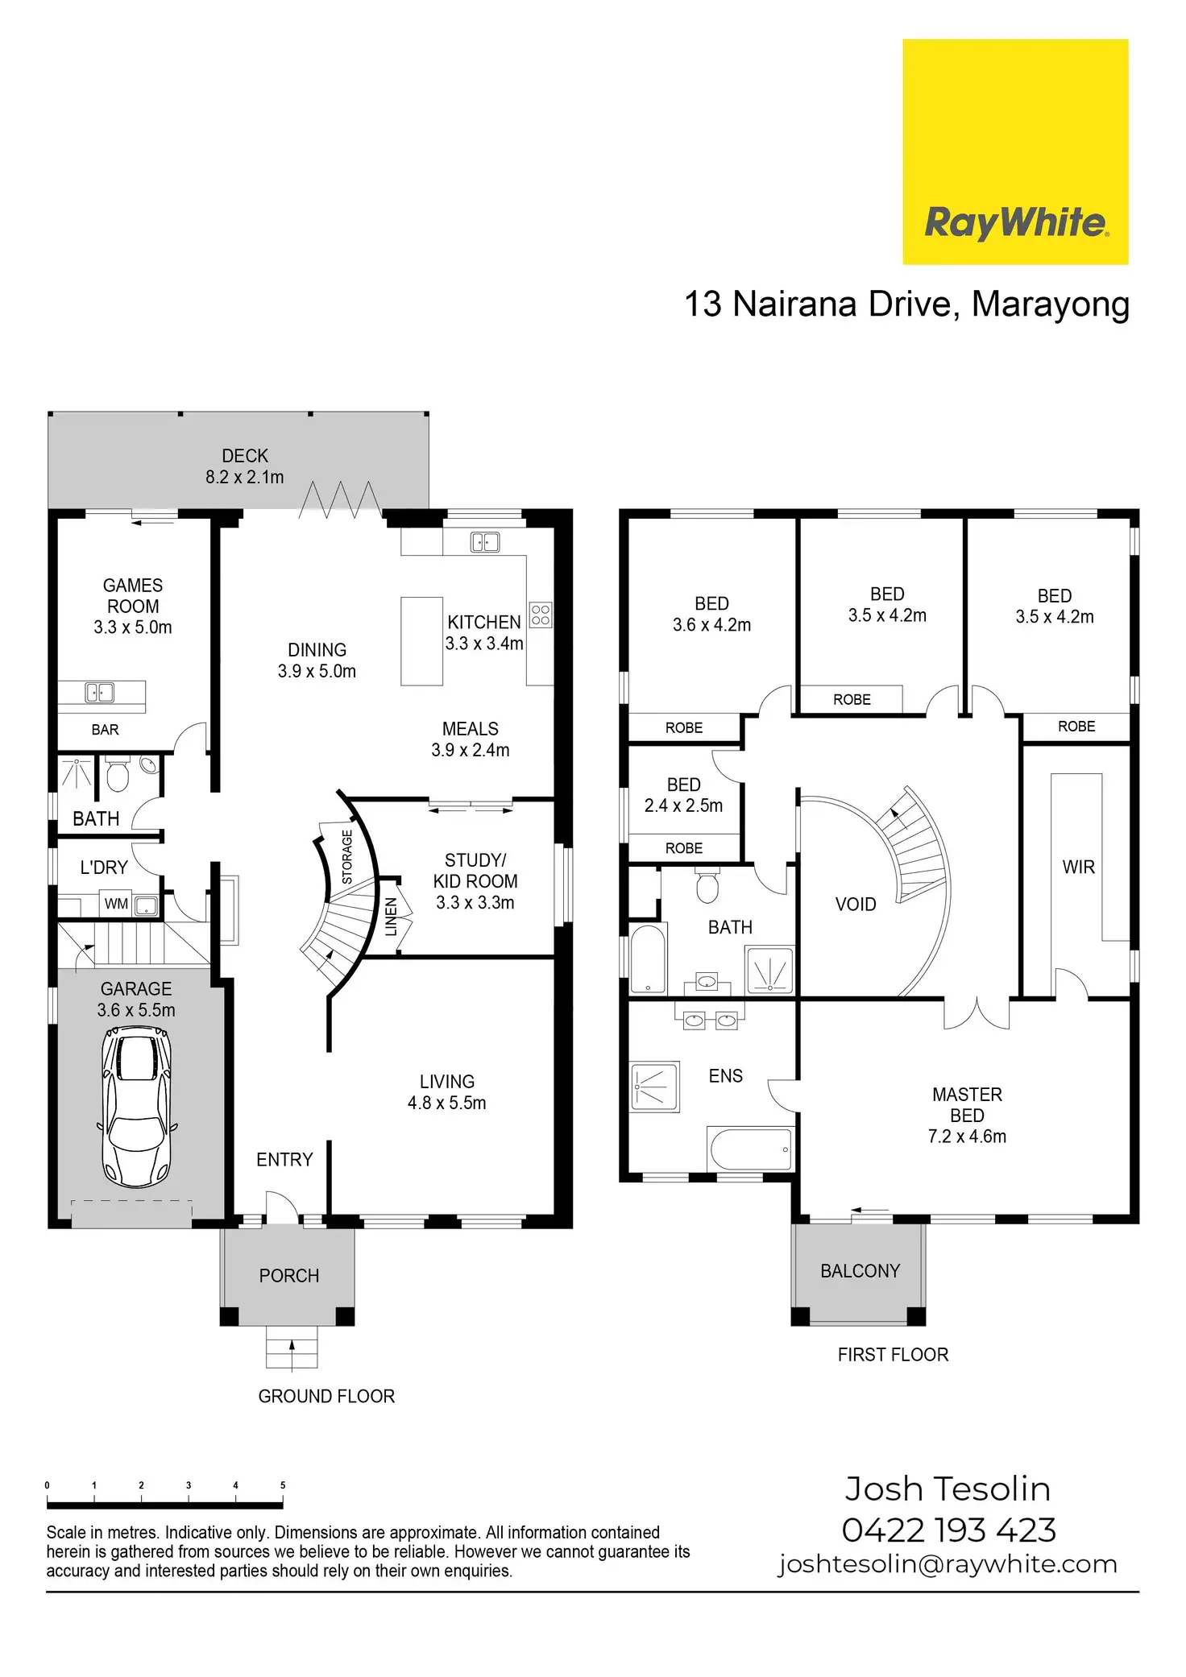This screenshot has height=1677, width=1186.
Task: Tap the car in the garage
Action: click(136, 1106)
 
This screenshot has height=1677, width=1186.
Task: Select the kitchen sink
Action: click(485, 542)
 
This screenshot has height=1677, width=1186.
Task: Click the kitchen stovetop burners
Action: click(541, 615)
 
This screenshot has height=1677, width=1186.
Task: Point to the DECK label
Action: click(245, 456)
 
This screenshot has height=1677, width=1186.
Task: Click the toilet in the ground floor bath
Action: click(118, 775)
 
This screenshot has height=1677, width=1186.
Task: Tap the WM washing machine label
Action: click(116, 904)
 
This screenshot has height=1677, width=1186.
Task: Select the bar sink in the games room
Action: click(100, 692)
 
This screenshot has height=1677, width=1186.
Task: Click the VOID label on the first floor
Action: click(856, 905)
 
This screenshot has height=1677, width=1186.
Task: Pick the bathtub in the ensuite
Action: click(749, 1149)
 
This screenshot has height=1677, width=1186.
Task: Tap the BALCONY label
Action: click(860, 1271)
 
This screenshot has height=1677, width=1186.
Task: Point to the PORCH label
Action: click(289, 1276)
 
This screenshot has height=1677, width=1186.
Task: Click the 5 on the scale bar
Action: click(283, 1485)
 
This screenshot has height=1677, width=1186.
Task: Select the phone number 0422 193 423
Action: click(948, 1530)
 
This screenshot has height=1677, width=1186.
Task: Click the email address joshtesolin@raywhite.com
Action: click(948, 1564)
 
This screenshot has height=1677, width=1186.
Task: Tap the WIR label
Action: click(1078, 867)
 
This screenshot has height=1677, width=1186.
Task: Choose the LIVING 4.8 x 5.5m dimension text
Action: click(447, 1103)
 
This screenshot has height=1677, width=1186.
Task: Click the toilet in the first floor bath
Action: click(707, 886)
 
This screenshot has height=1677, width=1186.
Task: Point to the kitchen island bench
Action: click(421, 641)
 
